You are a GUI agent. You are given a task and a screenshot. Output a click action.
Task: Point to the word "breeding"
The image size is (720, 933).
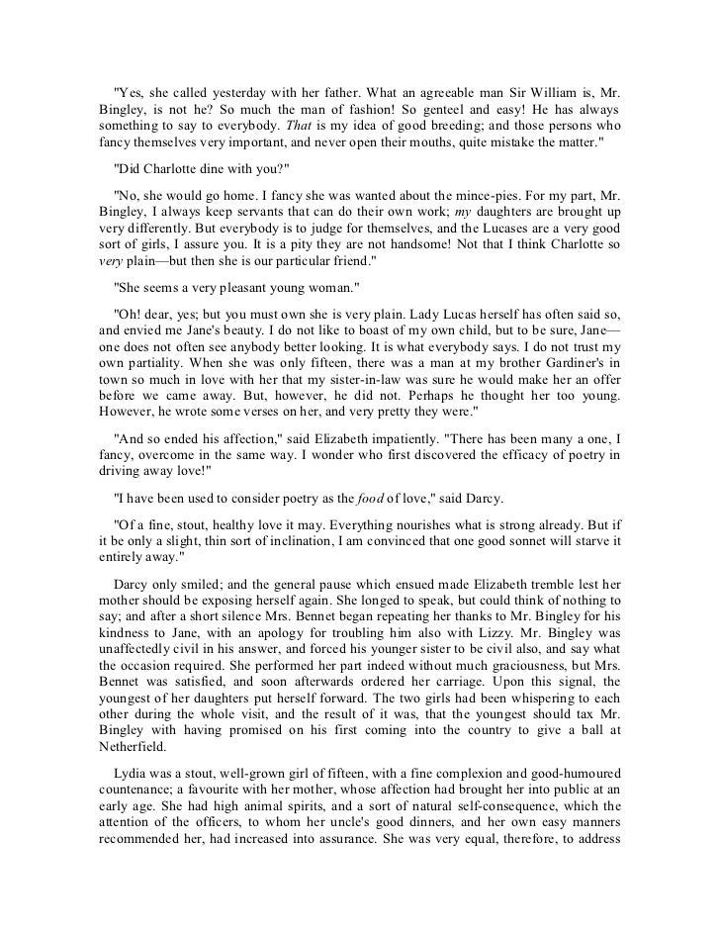[x=445, y=128]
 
